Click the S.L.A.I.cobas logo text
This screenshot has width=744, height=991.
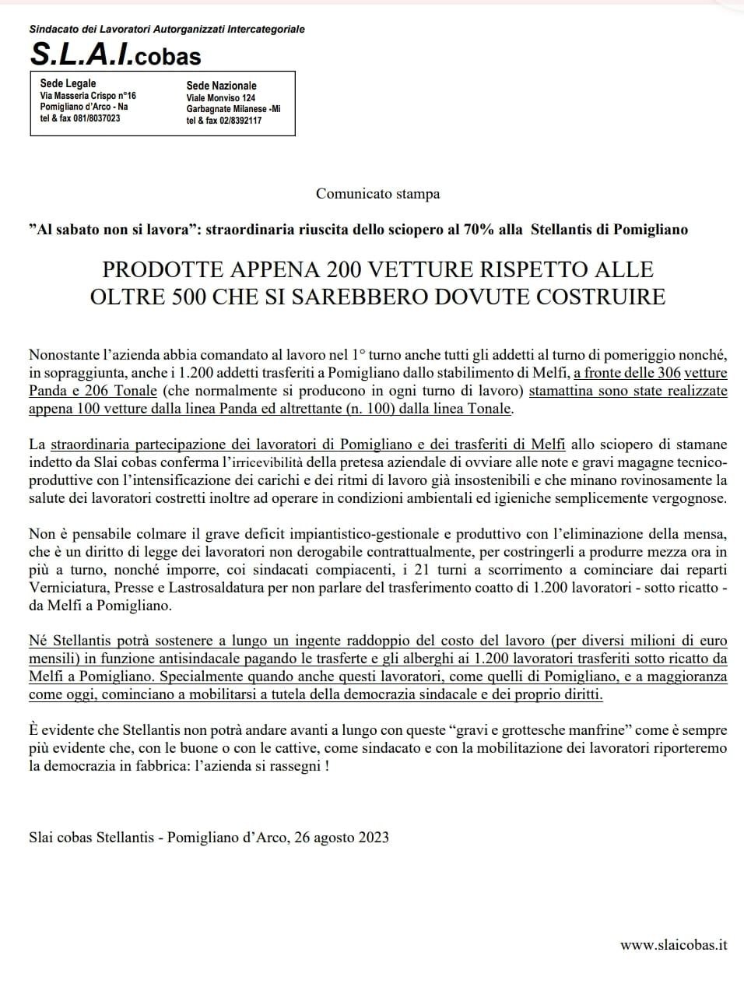(x=115, y=54)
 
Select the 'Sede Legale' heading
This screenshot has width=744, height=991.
(x=68, y=83)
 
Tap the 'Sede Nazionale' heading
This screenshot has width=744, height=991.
(x=221, y=86)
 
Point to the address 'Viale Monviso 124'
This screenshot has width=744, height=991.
(x=221, y=98)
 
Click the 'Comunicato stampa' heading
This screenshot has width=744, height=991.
(x=377, y=193)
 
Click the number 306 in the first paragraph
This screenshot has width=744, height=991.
(x=666, y=373)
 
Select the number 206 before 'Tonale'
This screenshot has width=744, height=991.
(x=102, y=391)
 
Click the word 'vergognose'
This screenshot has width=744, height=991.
(x=687, y=498)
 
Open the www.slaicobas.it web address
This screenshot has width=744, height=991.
(x=673, y=945)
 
